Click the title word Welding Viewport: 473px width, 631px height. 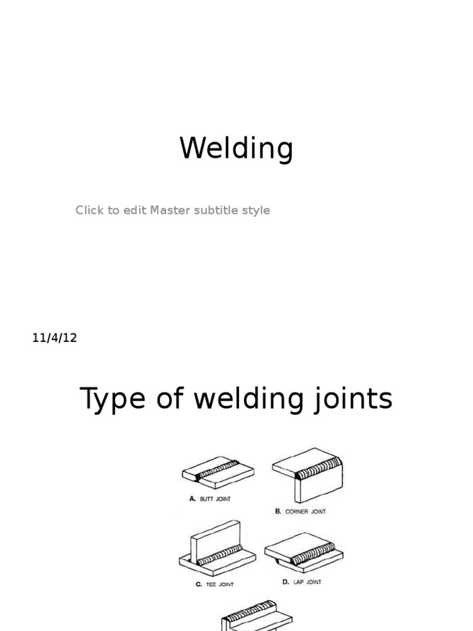tap(236, 149)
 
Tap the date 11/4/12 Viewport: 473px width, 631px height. tap(55, 338)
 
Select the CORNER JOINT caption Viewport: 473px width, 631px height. tap(305, 511)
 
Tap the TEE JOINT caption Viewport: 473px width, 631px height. tap(220, 584)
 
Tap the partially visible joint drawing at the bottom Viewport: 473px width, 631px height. tap(256, 616)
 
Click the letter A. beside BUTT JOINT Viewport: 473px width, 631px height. tap(192, 499)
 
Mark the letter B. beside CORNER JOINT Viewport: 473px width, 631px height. tap(278, 511)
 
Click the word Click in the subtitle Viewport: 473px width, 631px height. tap(89, 210)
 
